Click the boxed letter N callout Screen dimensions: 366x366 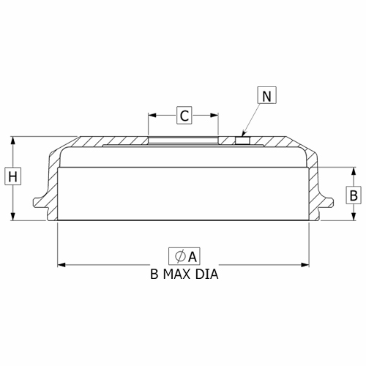[267, 95]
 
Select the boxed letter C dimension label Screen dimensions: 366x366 [184, 115]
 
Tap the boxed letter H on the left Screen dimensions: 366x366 [13, 176]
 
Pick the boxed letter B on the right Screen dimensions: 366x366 [354, 195]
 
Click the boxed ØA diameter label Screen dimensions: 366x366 [184, 256]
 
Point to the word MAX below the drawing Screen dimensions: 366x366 [176, 274]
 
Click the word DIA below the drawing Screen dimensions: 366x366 [206, 274]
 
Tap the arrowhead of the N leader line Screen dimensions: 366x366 [242, 134]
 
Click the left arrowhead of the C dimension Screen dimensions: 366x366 [152, 115]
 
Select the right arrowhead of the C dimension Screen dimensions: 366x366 [214, 115]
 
